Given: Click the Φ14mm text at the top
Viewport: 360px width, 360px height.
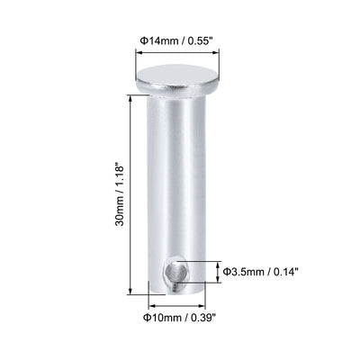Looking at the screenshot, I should pos(155,40).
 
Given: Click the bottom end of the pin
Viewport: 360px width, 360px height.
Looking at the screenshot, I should pos(175,290).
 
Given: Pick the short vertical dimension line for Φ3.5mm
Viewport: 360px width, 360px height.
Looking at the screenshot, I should pos(216,272).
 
